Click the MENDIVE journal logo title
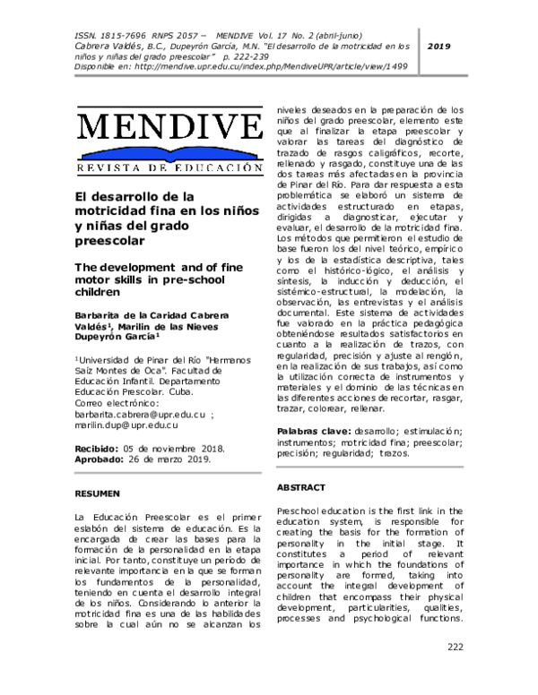point(169,126)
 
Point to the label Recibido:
point(96,447)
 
